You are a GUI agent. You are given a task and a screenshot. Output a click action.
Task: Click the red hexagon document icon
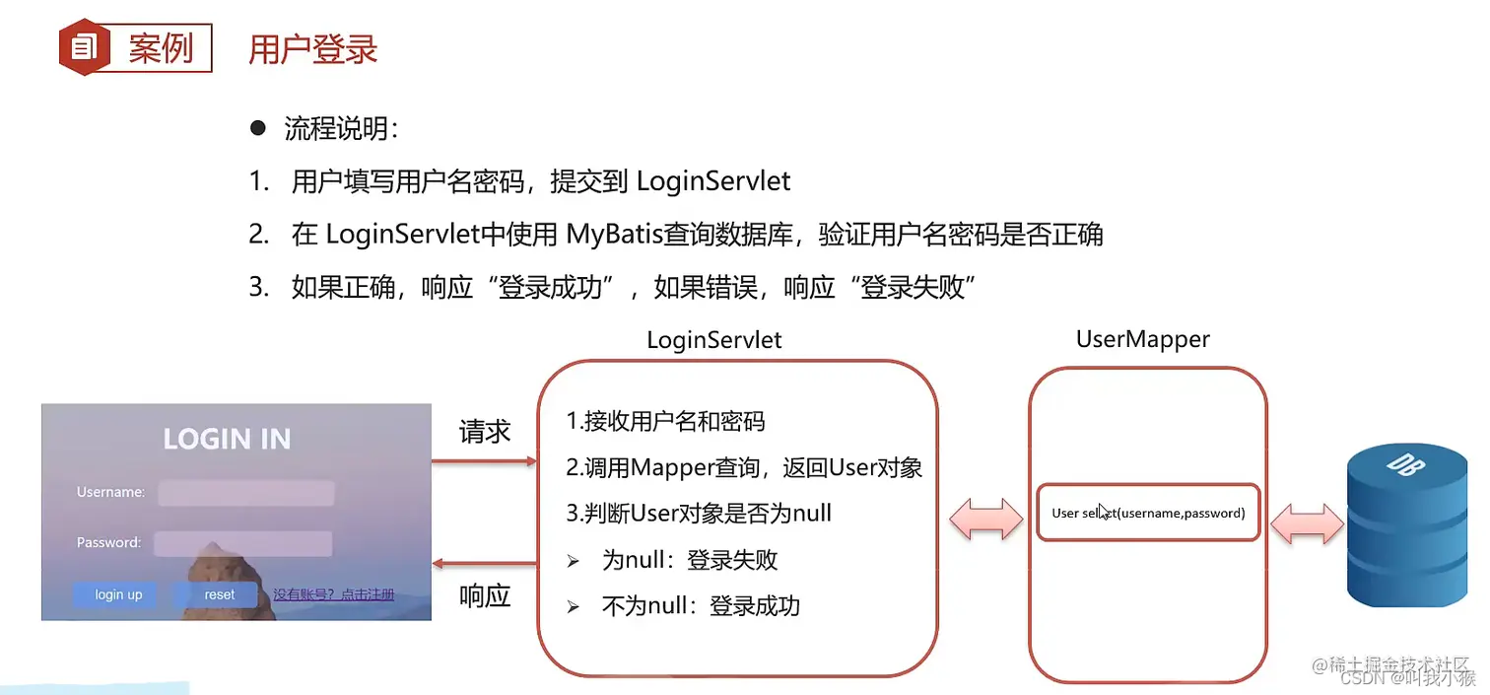pyautogui.click(x=84, y=47)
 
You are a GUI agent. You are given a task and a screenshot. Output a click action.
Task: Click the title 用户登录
pyautogui.click(x=312, y=49)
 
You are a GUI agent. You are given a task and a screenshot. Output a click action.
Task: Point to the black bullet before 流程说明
pyautogui.click(x=258, y=128)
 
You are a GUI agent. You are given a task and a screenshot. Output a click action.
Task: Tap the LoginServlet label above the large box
pyautogui.click(x=713, y=340)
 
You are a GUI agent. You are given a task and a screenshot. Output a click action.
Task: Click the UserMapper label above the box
pyautogui.click(x=1142, y=339)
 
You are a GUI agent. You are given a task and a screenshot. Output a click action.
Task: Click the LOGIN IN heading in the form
pyautogui.click(x=227, y=439)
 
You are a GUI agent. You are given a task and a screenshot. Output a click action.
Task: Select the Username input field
pyautogui.click(x=246, y=493)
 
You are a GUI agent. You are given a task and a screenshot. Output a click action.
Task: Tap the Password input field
pyautogui.click(x=243, y=543)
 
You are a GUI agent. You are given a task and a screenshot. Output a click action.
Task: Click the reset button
pyautogui.click(x=219, y=594)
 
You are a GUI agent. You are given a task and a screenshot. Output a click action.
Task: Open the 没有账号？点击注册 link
pyautogui.click(x=333, y=594)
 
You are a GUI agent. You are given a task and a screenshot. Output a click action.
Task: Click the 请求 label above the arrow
pyautogui.click(x=485, y=432)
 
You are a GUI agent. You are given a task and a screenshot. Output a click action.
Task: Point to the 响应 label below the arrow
pyautogui.click(x=485, y=595)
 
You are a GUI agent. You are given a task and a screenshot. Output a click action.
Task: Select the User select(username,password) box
pyautogui.click(x=1148, y=513)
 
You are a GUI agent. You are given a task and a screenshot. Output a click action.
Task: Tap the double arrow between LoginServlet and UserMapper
pyautogui.click(x=986, y=518)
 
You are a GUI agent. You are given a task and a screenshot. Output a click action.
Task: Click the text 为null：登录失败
pyautogui.click(x=690, y=561)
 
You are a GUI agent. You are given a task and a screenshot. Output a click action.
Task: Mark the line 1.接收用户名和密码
pyautogui.click(x=665, y=422)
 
